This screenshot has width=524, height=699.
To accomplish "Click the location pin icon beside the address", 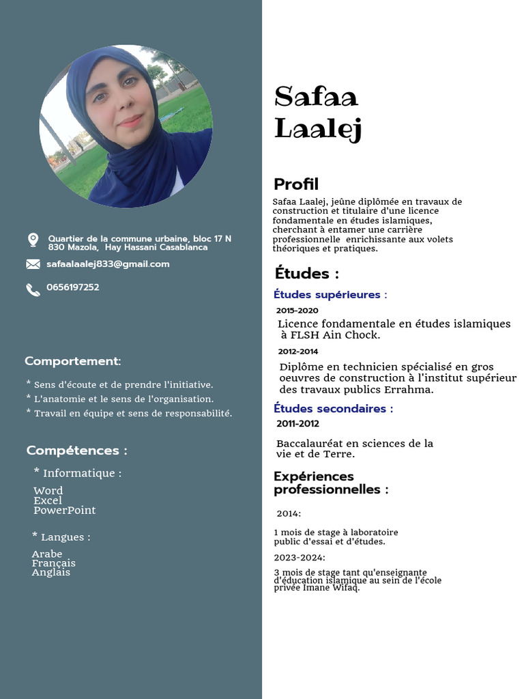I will [x=33, y=240].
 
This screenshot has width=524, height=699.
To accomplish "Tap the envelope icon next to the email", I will [x=33, y=264].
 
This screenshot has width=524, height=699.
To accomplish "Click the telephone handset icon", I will [x=33, y=289].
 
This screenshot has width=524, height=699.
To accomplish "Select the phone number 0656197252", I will [x=73, y=287].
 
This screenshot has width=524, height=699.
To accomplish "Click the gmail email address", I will [x=108, y=264].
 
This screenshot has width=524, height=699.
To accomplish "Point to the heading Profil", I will [x=296, y=184].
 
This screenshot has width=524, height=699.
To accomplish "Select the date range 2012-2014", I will [x=298, y=352].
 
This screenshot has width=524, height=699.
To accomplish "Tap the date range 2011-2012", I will [x=297, y=424].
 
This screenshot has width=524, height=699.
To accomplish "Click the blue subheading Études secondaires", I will [x=333, y=409].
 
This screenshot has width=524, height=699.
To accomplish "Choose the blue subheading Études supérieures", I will [x=330, y=295].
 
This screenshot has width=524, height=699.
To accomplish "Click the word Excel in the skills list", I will [x=48, y=500].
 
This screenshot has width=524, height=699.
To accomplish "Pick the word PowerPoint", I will [x=65, y=510].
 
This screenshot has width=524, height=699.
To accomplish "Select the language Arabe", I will [x=47, y=554].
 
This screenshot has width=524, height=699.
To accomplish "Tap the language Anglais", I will [x=51, y=573].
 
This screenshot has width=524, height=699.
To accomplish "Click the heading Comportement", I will [x=73, y=361].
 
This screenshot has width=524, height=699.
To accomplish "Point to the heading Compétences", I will [x=76, y=451].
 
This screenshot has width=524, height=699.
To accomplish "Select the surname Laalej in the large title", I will [x=318, y=128].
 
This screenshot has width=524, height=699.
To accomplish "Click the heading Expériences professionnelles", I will [x=331, y=483].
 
